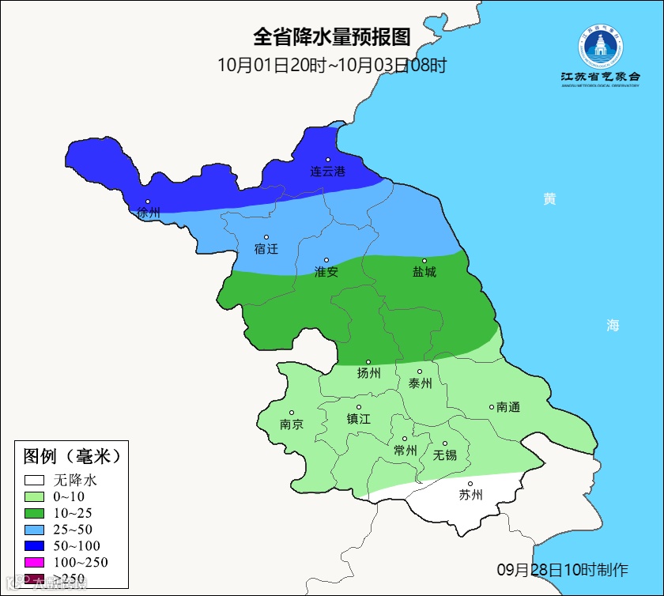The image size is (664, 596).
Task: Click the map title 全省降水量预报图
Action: click(x=332, y=37)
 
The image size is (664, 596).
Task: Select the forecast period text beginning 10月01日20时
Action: click(x=332, y=66)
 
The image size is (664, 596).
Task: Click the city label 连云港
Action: click(x=327, y=171)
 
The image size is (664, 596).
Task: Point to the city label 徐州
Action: click(x=149, y=213)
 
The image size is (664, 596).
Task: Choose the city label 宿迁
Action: click(x=266, y=248)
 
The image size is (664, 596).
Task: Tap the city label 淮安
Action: click(x=326, y=271)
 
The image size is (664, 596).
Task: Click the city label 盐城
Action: click(x=424, y=271)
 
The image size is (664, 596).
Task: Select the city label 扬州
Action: click(x=368, y=373)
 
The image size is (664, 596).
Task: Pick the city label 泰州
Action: click(x=420, y=383)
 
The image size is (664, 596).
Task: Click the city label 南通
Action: click(x=508, y=407)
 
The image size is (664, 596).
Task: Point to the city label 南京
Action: click(x=292, y=424)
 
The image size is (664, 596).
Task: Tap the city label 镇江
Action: click(x=359, y=419)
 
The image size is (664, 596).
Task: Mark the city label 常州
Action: click(x=405, y=450)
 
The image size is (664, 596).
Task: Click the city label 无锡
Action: click(x=445, y=455)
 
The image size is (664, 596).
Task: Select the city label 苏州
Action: click(x=470, y=495)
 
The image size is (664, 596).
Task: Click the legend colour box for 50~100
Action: click(x=34, y=546)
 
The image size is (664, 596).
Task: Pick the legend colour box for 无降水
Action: click(x=34, y=480)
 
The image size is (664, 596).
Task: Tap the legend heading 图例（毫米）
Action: click(x=71, y=456)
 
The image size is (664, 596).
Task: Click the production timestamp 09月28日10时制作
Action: click(x=562, y=570)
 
